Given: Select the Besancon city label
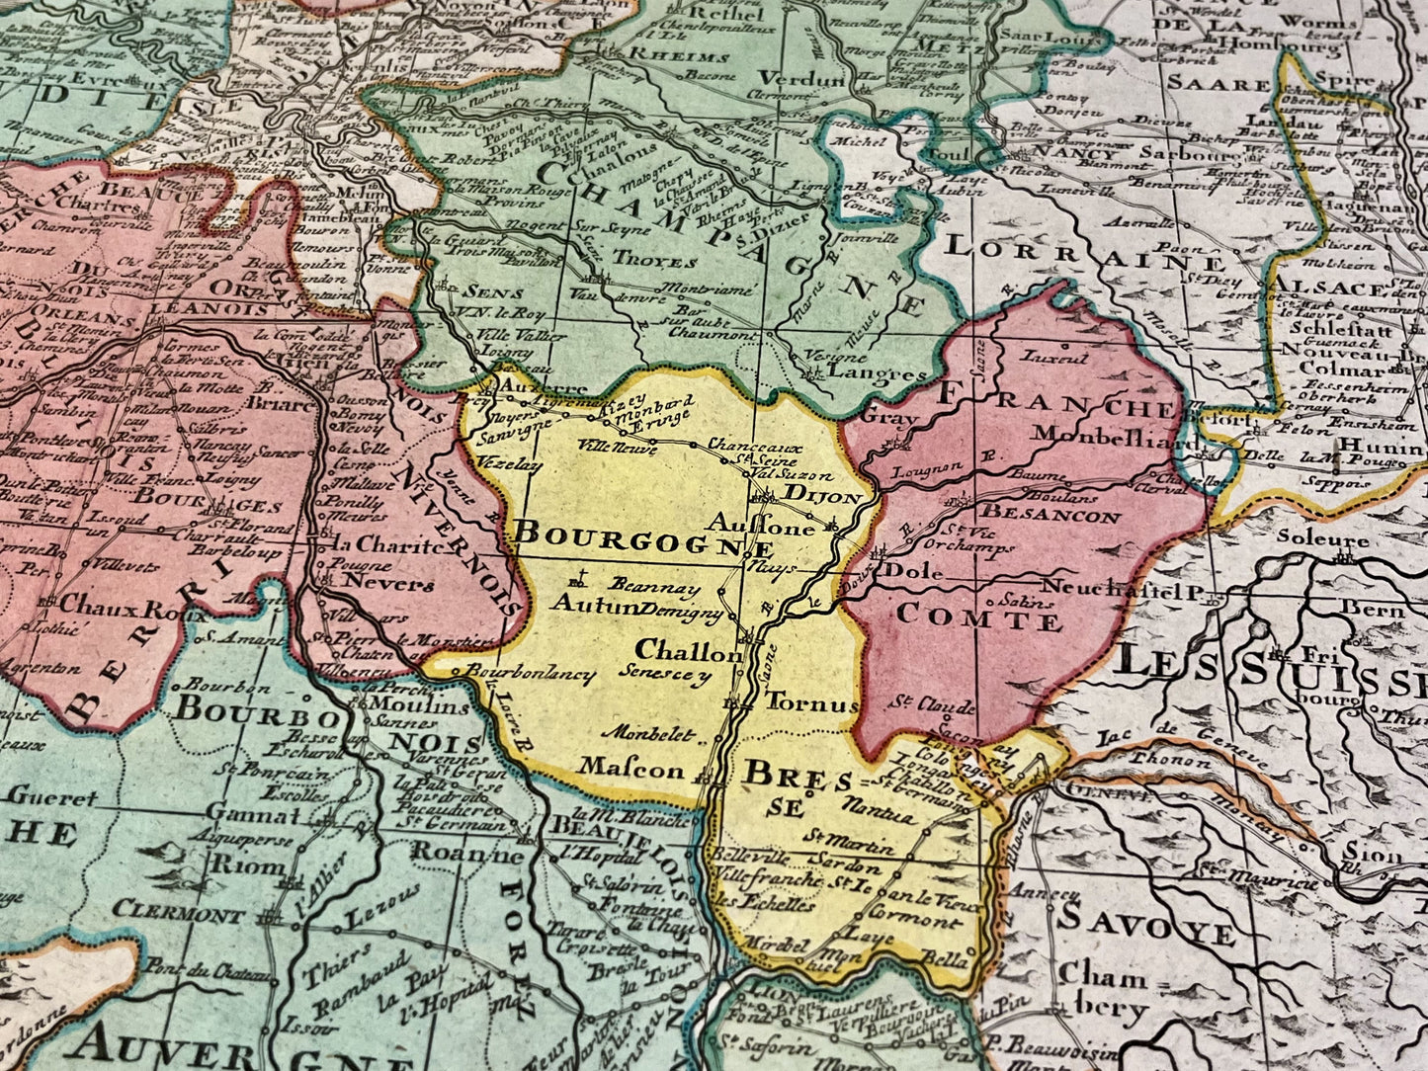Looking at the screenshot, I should point(1050,515).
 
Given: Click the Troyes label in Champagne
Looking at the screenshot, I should point(655,261).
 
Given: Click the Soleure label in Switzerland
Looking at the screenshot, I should point(1321,539).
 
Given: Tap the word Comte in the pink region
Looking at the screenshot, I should point(978,620).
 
